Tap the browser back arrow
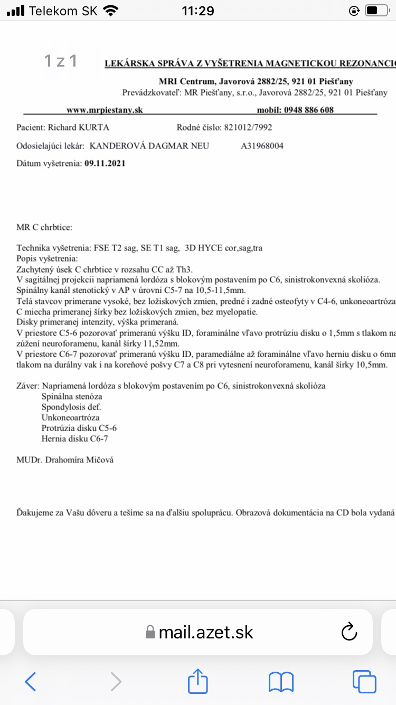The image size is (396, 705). tap(31, 682)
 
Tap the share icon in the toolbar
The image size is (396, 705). tap(198, 681)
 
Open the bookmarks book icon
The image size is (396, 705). tap(281, 682)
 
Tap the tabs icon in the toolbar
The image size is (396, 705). tap(364, 682)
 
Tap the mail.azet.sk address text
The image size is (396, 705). tap(206, 632)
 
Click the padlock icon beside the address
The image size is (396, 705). tap(150, 633)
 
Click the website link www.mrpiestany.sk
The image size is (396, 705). tap(105, 110)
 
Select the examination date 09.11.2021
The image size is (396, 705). tap(105, 163)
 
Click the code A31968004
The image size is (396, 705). tap(262, 146)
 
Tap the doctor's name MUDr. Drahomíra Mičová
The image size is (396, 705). tap(65, 460)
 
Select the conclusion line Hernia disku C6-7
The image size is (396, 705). tap(75, 439)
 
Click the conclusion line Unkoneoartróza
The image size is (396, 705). tap(70, 418)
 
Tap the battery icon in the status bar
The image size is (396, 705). tap(373, 11)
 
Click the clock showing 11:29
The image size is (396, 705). tap(197, 11)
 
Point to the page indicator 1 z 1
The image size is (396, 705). tap(61, 61)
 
